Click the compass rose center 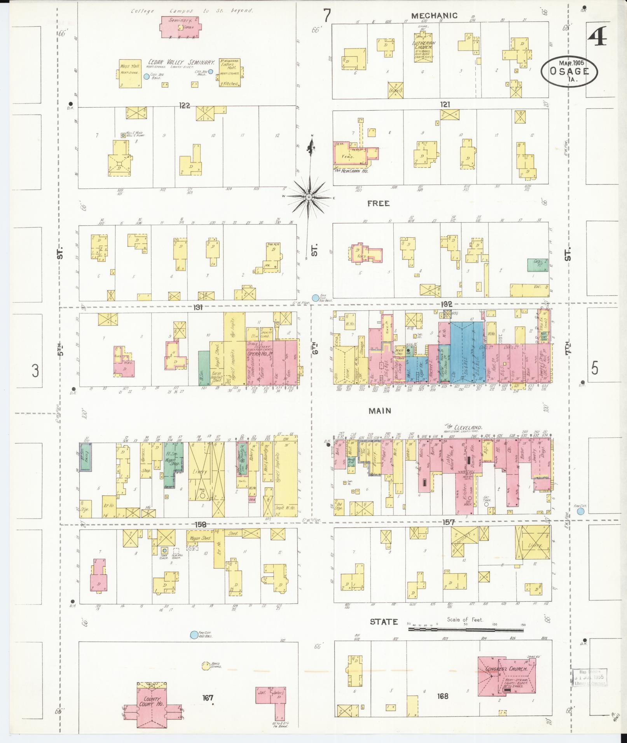[x=308, y=197]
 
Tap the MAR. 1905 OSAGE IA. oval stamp [x=569, y=71]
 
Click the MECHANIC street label [x=434, y=16]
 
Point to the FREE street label [x=378, y=204]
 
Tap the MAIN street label [x=380, y=411]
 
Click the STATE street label [x=384, y=622]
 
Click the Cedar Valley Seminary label [x=182, y=63]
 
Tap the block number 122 [x=184, y=105]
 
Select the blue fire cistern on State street [x=193, y=635]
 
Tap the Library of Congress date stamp [x=589, y=678]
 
